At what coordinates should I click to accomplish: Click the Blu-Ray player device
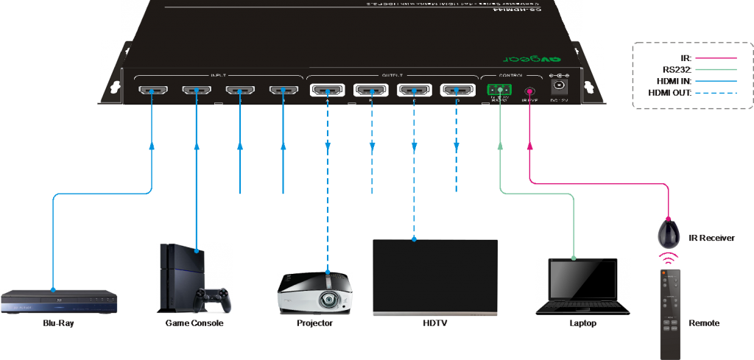[59, 302]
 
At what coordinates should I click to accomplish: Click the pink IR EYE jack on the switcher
[529, 92]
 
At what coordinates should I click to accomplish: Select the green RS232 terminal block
[500, 92]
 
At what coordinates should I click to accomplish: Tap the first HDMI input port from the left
[152, 91]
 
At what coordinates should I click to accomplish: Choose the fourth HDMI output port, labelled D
[456, 91]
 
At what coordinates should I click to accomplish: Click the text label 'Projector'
[315, 323]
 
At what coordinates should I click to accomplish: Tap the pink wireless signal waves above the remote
[669, 258]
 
